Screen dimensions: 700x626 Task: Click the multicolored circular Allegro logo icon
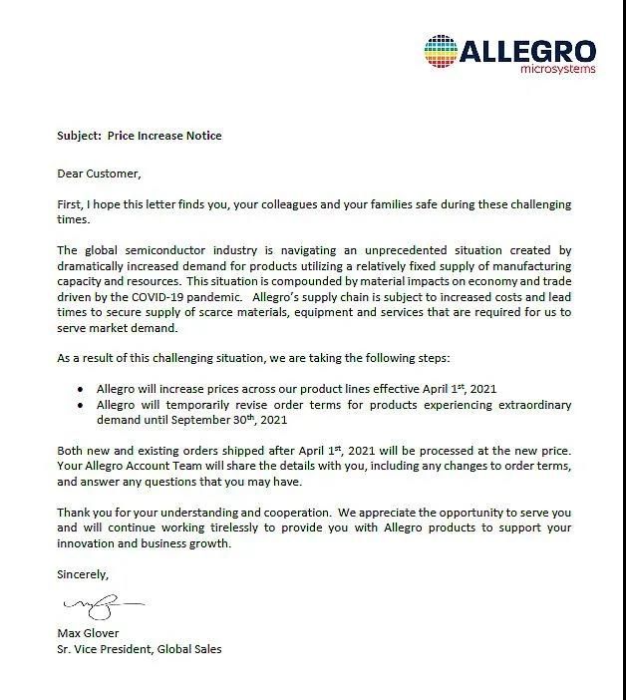tap(443, 53)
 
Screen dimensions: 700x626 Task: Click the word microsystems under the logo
tap(558, 69)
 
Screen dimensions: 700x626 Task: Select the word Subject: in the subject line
tap(78, 135)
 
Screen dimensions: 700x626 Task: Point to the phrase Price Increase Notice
tap(164, 135)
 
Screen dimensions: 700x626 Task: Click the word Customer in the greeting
tap(113, 173)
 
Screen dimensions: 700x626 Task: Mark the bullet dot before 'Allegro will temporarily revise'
tap(81, 405)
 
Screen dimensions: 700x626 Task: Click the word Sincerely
tap(83, 574)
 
